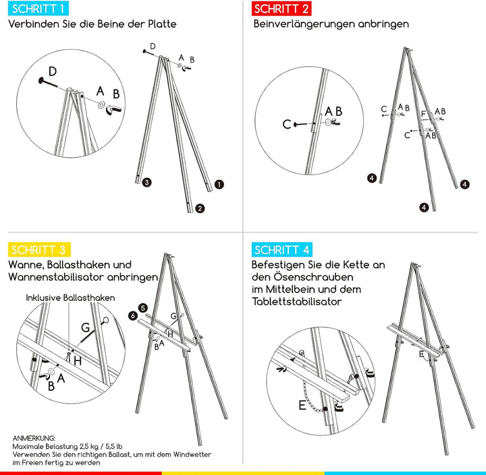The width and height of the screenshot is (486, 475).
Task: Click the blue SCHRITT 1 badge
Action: (38, 9)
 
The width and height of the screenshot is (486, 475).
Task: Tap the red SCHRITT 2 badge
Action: (281, 9)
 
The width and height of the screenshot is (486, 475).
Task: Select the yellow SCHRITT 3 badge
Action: (38, 250)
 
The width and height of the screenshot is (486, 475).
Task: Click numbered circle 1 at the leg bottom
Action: (219, 183)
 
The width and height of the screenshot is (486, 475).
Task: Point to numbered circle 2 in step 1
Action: (200, 208)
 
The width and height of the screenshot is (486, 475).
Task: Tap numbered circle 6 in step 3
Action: (134, 315)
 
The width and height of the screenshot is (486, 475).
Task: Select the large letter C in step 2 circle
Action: (287, 123)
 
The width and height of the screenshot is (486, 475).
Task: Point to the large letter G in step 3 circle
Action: (85, 328)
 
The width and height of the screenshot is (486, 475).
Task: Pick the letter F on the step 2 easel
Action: (423, 114)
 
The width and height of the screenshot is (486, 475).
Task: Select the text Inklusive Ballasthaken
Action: (70, 297)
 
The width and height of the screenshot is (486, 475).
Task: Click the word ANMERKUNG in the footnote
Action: (34, 438)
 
